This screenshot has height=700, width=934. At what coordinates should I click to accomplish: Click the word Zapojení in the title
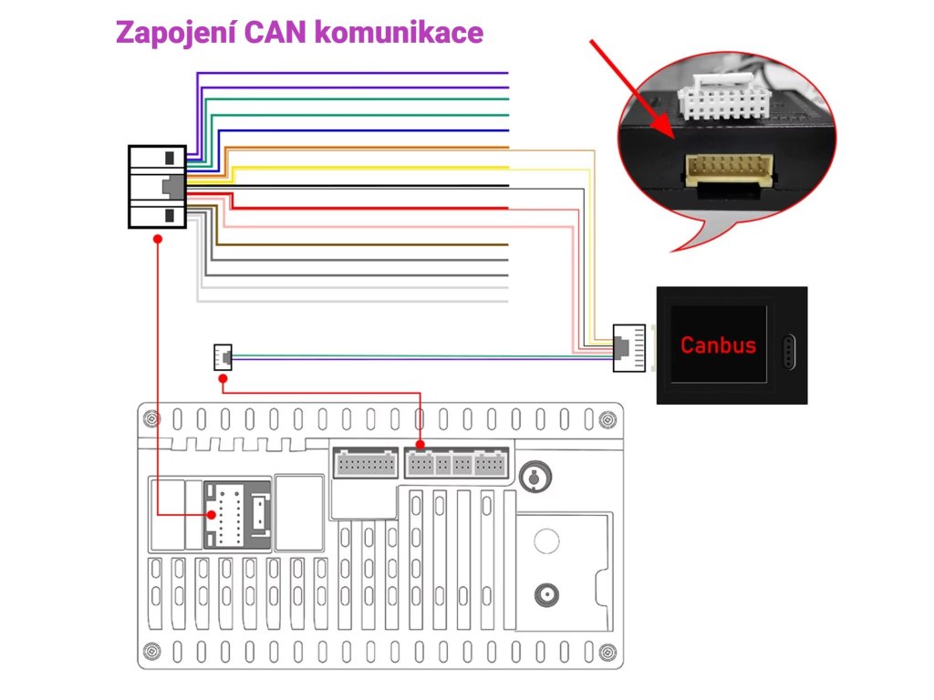click(176, 34)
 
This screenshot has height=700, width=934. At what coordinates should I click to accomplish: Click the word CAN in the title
click(275, 32)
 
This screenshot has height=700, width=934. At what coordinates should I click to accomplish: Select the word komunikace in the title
click(400, 32)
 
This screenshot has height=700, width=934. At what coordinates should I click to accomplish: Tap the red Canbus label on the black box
click(718, 345)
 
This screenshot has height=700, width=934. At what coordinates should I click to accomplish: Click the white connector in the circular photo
click(721, 96)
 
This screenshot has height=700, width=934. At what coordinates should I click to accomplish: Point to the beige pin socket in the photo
click(730, 169)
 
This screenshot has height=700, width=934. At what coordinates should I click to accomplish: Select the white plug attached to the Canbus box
click(629, 348)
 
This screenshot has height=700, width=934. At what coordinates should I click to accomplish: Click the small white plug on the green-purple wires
click(223, 357)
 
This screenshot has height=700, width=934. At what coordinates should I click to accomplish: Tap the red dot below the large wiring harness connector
click(157, 239)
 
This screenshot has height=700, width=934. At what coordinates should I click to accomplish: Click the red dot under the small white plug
click(223, 379)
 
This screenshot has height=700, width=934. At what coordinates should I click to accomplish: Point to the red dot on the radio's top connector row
click(420, 445)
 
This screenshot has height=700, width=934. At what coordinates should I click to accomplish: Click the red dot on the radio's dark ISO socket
click(212, 515)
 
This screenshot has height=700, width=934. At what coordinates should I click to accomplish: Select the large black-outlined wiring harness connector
click(157, 187)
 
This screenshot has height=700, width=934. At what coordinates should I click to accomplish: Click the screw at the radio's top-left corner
click(152, 419)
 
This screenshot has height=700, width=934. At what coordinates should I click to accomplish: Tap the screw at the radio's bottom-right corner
click(607, 652)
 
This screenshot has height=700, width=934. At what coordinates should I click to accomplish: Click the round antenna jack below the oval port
click(546, 594)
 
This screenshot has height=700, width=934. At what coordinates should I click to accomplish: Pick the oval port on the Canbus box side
click(789, 352)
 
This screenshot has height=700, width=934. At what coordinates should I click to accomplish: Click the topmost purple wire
click(352, 73)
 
